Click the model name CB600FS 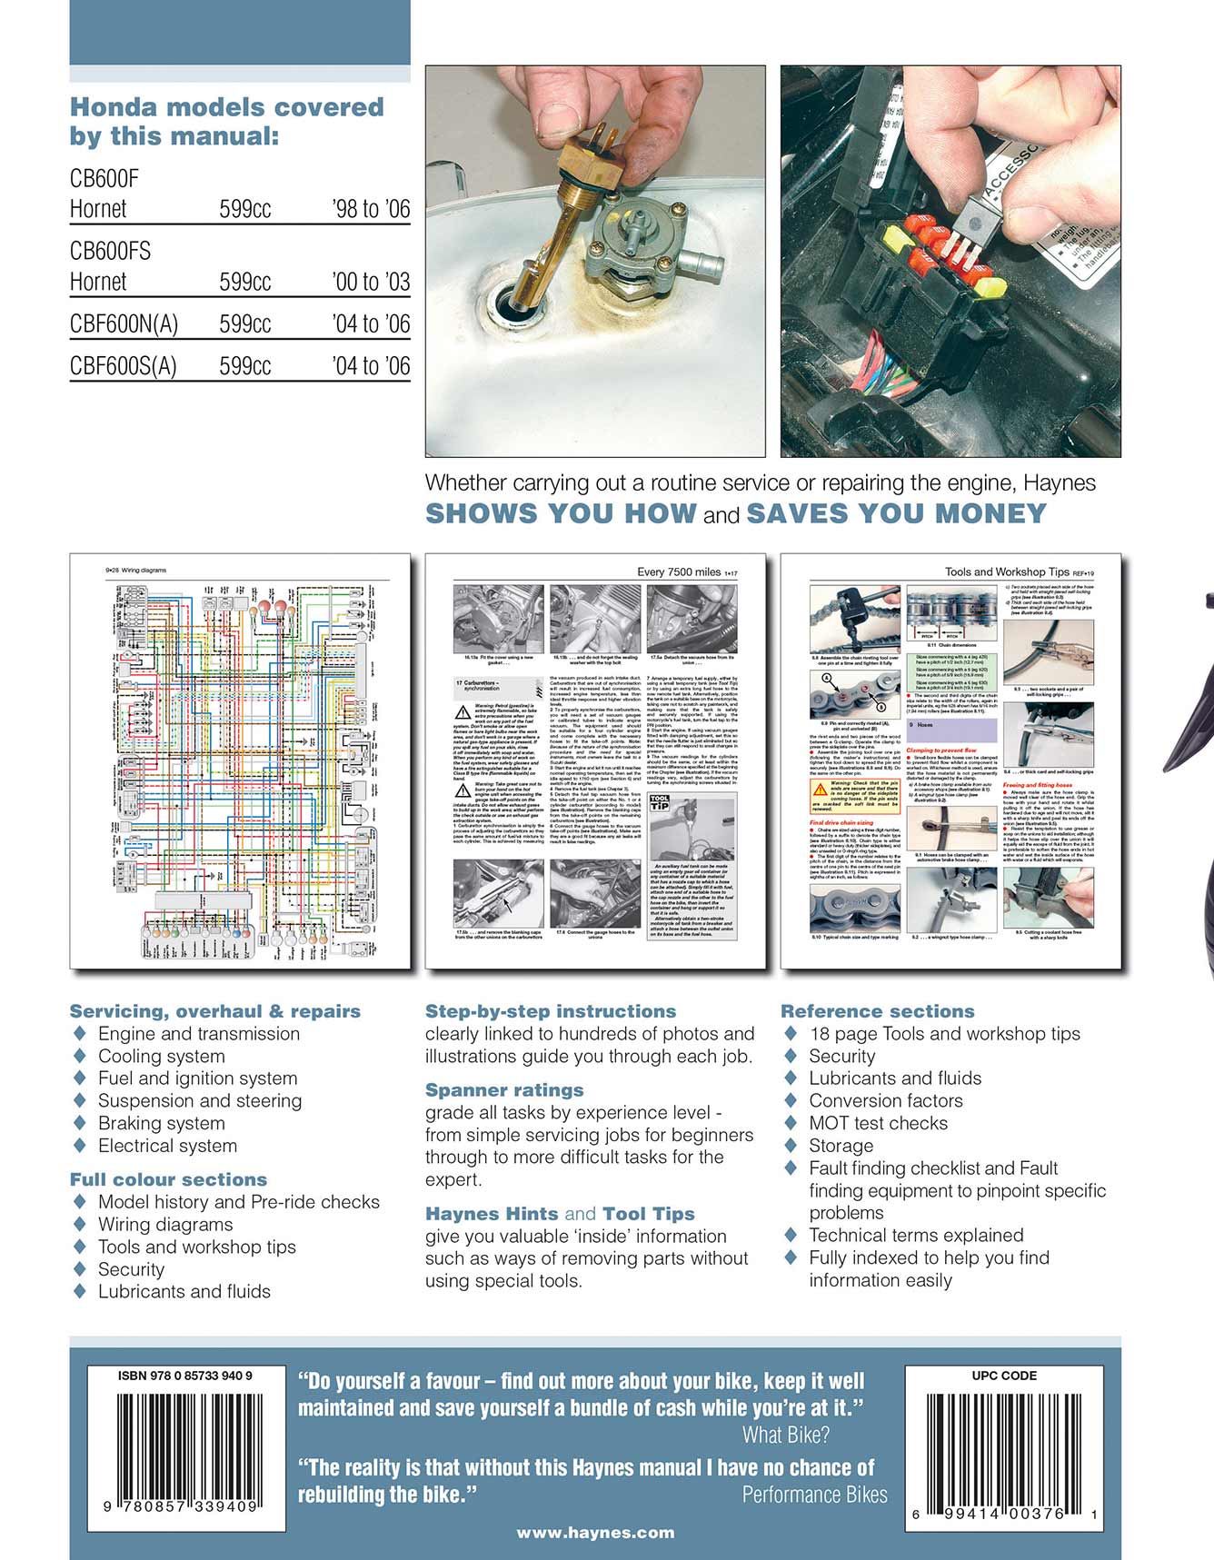110,251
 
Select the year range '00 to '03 371,282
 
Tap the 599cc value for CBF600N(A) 244,324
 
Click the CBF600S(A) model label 123,366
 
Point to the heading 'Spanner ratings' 504,1090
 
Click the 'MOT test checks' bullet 878,1123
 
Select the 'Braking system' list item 161,1123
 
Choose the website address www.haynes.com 595,1533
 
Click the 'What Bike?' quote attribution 786,1436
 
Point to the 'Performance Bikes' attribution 814,1495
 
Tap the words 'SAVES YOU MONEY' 897,513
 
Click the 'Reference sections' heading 877,1011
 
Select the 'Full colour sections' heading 168,1179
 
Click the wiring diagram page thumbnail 240,760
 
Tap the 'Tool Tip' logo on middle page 661,803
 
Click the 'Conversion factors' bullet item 885,1100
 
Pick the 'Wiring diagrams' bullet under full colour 164,1224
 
